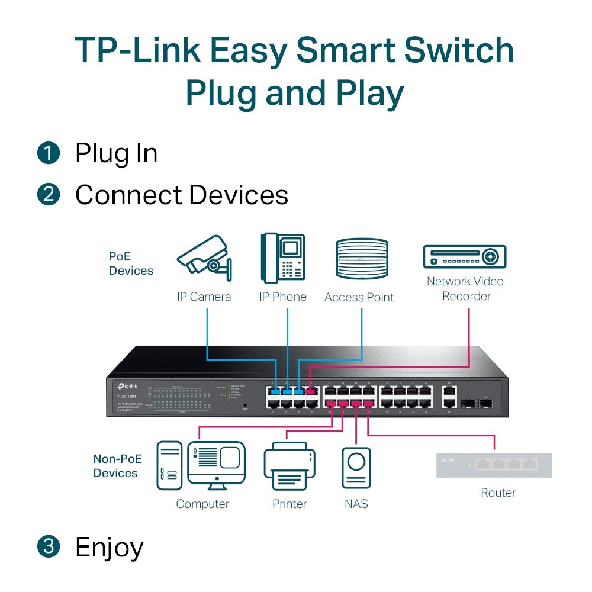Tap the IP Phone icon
pyautogui.click(x=282, y=259)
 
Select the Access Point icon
pyautogui.click(x=362, y=259)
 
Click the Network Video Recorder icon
pyautogui.click(x=465, y=257)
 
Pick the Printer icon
pyautogui.click(x=289, y=466)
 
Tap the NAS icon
pyautogui.click(x=356, y=467)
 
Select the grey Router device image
pyautogui.click(x=494, y=465)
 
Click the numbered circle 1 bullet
pyautogui.click(x=49, y=153)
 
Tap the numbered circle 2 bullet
pyautogui.click(x=49, y=195)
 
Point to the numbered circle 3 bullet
pyautogui.click(x=49, y=546)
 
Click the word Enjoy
pyautogui.click(x=109, y=548)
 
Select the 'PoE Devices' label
pyautogui.click(x=131, y=264)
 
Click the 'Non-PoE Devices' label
pyautogui.click(x=115, y=466)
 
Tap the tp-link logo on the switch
pyautogui.click(x=126, y=386)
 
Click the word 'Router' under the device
pyautogui.click(x=498, y=493)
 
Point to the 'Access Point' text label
pyautogui.click(x=359, y=297)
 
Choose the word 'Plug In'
pyautogui.click(x=116, y=154)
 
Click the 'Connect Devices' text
pyautogui.click(x=181, y=195)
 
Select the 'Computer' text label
pyautogui.click(x=202, y=504)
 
